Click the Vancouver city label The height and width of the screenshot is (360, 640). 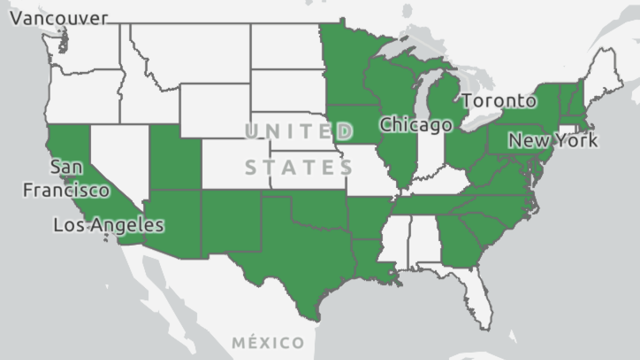tap(58, 18)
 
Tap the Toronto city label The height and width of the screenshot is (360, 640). tap(498, 101)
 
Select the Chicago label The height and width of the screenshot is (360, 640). tap(415, 124)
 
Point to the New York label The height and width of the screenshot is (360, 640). tap(552, 140)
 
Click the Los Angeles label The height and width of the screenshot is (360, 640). tap(108, 225)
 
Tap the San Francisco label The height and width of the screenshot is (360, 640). tap(66, 178)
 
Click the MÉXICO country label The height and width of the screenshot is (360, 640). tap(268, 343)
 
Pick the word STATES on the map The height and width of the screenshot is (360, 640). tap(299, 167)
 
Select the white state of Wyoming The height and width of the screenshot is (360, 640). tap(215, 110)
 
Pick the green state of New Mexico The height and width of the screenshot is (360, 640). tap(230, 222)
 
